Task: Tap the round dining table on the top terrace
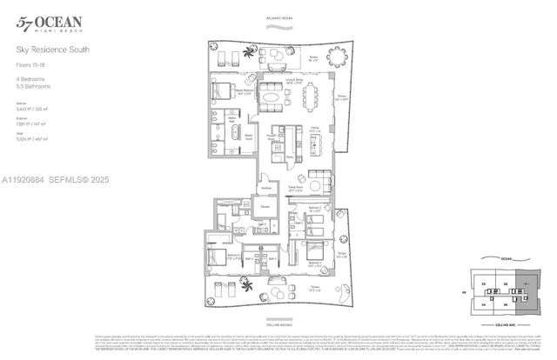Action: tap(336, 58)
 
